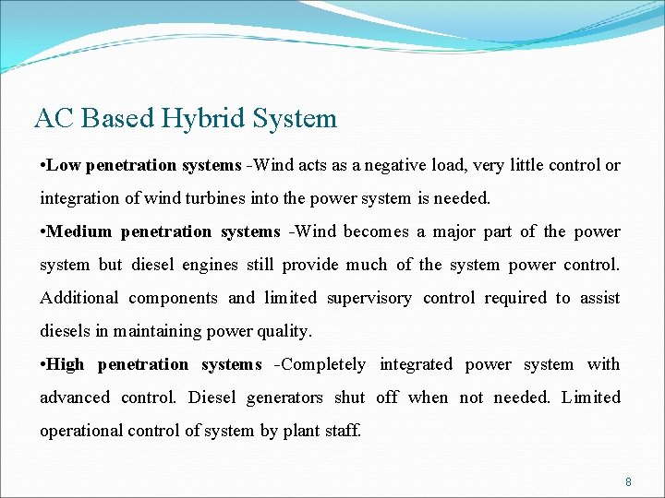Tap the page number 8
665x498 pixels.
coord(628,481)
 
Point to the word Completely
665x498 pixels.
coord(323,364)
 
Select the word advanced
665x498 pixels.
coord(74,397)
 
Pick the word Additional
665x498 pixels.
coord(79,298)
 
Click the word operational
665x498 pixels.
coord(82,431)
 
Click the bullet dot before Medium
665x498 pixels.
coord(42,232)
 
